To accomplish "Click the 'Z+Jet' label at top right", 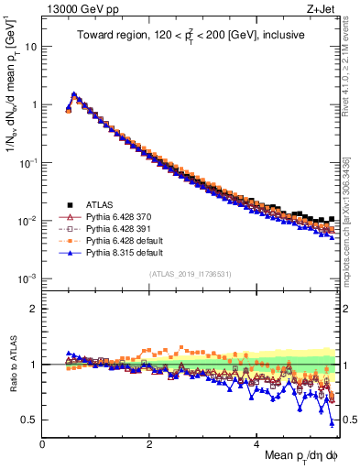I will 329,9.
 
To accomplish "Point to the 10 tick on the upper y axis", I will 32,46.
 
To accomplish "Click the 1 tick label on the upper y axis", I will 34,104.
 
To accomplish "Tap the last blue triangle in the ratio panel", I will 331,422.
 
